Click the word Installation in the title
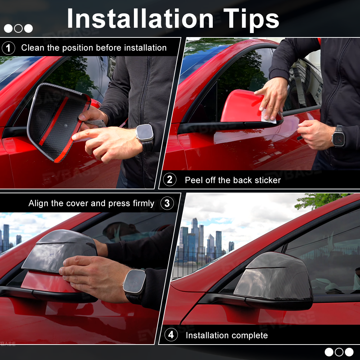pyautogui.click(x=140, y=19)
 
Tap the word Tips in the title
pyautogui.click(x=251, y=21)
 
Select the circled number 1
pyautogui.click(x=9, y=48)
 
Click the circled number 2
pyautogui.click(x=170, y=180)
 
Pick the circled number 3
pyautogui.click(x=167, y=203)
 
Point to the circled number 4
pyautogui.click(x=171, y=335)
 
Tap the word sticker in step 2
pyautogui.click(x=267, y=180)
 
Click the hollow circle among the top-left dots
pyautogui.click(x=18, y=28)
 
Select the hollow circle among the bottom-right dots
pyautogui.click(x=339, y=352)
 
